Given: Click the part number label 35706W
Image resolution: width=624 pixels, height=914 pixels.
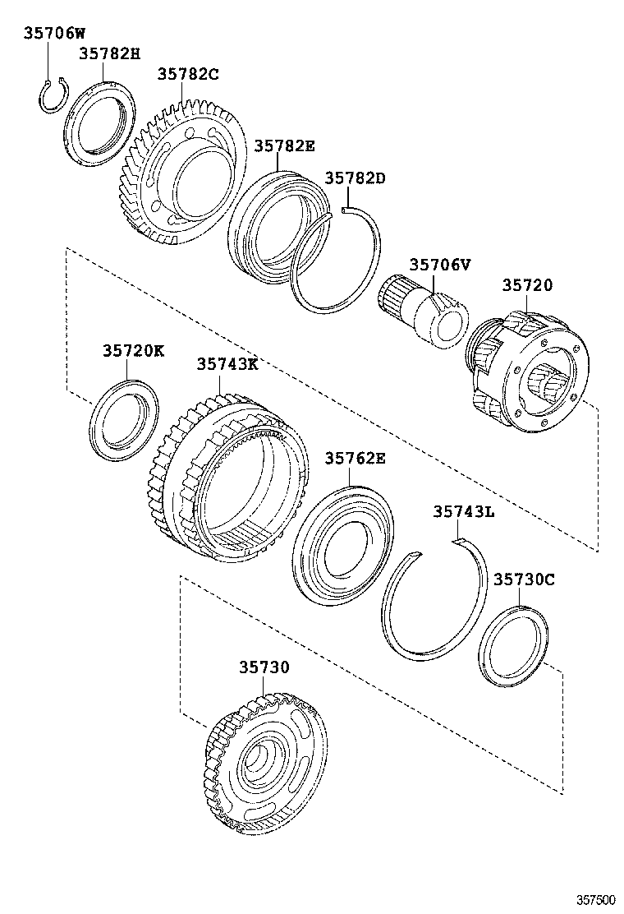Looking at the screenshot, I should pos(54,34).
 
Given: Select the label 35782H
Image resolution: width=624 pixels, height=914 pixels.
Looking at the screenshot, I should pos(110,54).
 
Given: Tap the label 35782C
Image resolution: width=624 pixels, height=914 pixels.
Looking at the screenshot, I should pos(188,75).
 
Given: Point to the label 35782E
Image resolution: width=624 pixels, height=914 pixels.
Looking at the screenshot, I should pos(284,145).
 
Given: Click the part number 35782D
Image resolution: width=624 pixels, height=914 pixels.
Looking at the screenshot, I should pos(356,178).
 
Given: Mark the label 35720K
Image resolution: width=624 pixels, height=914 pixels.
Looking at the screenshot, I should pos(134,351).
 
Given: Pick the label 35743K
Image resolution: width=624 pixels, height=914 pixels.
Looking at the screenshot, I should pos(227,364).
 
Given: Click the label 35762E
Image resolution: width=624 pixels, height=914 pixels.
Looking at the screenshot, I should pos(355,459).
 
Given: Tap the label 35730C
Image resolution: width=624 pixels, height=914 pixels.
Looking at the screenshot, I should pos(524,579).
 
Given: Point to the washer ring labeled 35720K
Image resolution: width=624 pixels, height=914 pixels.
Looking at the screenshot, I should pos(124,418).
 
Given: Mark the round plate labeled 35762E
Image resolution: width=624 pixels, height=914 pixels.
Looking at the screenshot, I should pos(342,547).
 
